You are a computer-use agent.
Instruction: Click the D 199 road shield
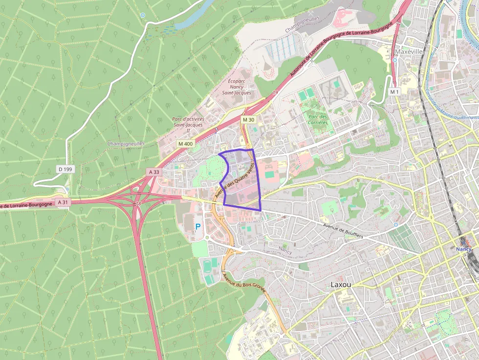(65, 169)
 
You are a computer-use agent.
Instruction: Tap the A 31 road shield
(63, 202)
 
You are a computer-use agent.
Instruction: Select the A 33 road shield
(154, 172)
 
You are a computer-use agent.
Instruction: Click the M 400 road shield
(186, 144)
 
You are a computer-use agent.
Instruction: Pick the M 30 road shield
(248, 120)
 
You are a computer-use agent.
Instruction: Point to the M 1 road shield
(394, 92)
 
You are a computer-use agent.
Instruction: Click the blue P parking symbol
(198, 227)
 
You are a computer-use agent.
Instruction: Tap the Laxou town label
(341, 284)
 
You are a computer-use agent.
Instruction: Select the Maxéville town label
(409, 51)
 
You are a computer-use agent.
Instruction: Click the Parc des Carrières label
(318, 120)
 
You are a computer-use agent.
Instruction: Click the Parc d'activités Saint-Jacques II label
(188, 125)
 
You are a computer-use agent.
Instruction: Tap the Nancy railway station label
(463, 249)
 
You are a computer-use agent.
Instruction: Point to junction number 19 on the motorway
(275, 92)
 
